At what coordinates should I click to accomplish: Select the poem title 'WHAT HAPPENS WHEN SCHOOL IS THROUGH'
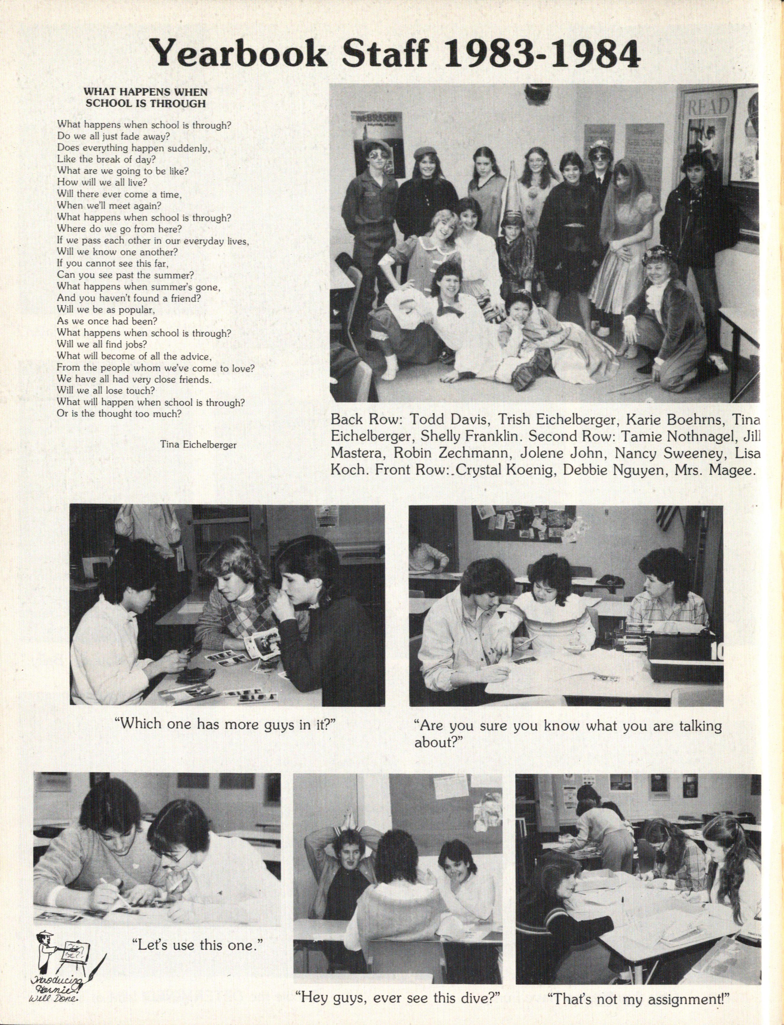pyautogui.click(x=145, y=97)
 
